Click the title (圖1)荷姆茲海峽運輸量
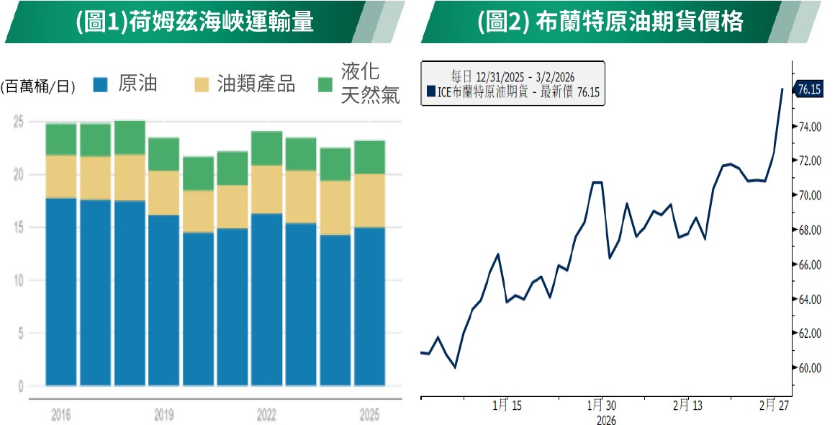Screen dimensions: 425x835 pyautogui.click(x=194, y=22)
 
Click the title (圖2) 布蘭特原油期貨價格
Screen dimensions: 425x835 pyautogui.click(x=610, y=22)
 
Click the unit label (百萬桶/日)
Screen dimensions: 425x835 pyautogui.click(x=38, y=86)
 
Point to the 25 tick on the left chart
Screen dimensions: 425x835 pyautogui.click(x=19, y=122)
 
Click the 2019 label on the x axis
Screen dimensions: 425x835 pyautogui.click(x=163, y=415)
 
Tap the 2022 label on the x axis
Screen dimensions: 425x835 pyautogui.click(x=266, y=415)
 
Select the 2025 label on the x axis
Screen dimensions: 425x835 pyautogui.click(x=369, y=415)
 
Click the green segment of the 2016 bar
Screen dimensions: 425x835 pyautogui.click(x=61, y=140)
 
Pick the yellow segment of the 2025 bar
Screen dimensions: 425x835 pyautogui.click(x=369, y=200)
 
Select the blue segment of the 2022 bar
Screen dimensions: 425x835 pyautogui.click(x=266, y=299)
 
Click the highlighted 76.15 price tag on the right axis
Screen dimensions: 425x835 pyautogui.click(x=810, y=90)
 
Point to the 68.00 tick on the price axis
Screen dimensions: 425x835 pyautogui.click(x=810, y=231)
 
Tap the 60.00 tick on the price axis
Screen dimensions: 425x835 pyautogui.click(x=810, y=368)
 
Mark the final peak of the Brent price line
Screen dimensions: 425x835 pyautogui.click(x=782, y=89)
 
